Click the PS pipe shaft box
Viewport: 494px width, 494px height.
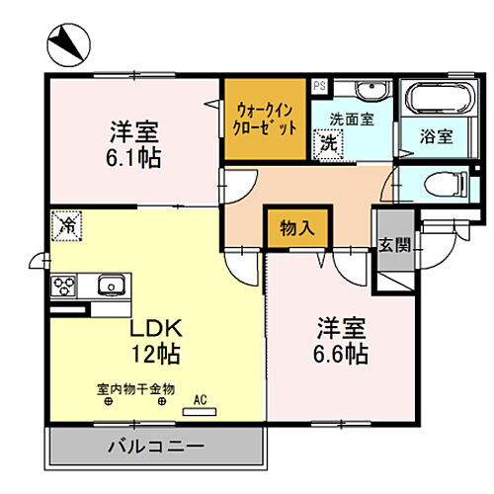point(319,86)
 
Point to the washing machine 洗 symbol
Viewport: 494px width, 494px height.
point(328,142)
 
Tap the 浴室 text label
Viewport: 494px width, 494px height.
point(436,137)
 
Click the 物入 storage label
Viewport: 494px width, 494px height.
point(297,228)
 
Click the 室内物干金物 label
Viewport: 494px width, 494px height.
point(135,388)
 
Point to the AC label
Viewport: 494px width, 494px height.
point(199,400)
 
